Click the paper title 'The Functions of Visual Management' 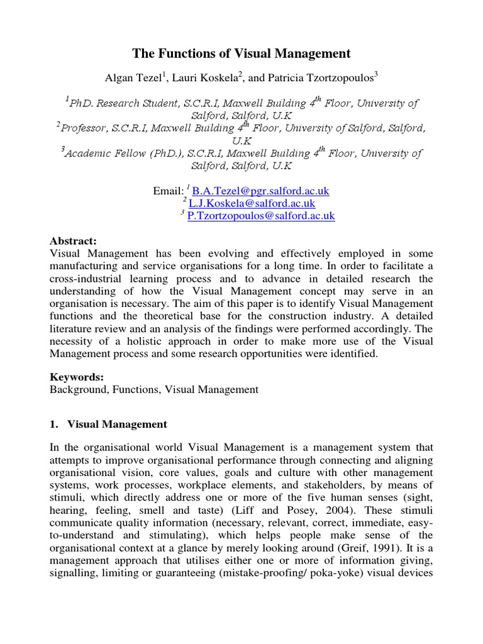pyautogui.click(x=241, y=53)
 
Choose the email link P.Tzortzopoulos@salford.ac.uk pyautogui.click(x=262, y=216)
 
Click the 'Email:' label pyautogui.click(x=168, y=191)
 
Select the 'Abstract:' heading pyautogui.click(x=73, y=241)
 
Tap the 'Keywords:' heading pyautogui.click(x=77, y=377)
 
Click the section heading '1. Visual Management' pyautogui.click(x=108, y=425)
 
